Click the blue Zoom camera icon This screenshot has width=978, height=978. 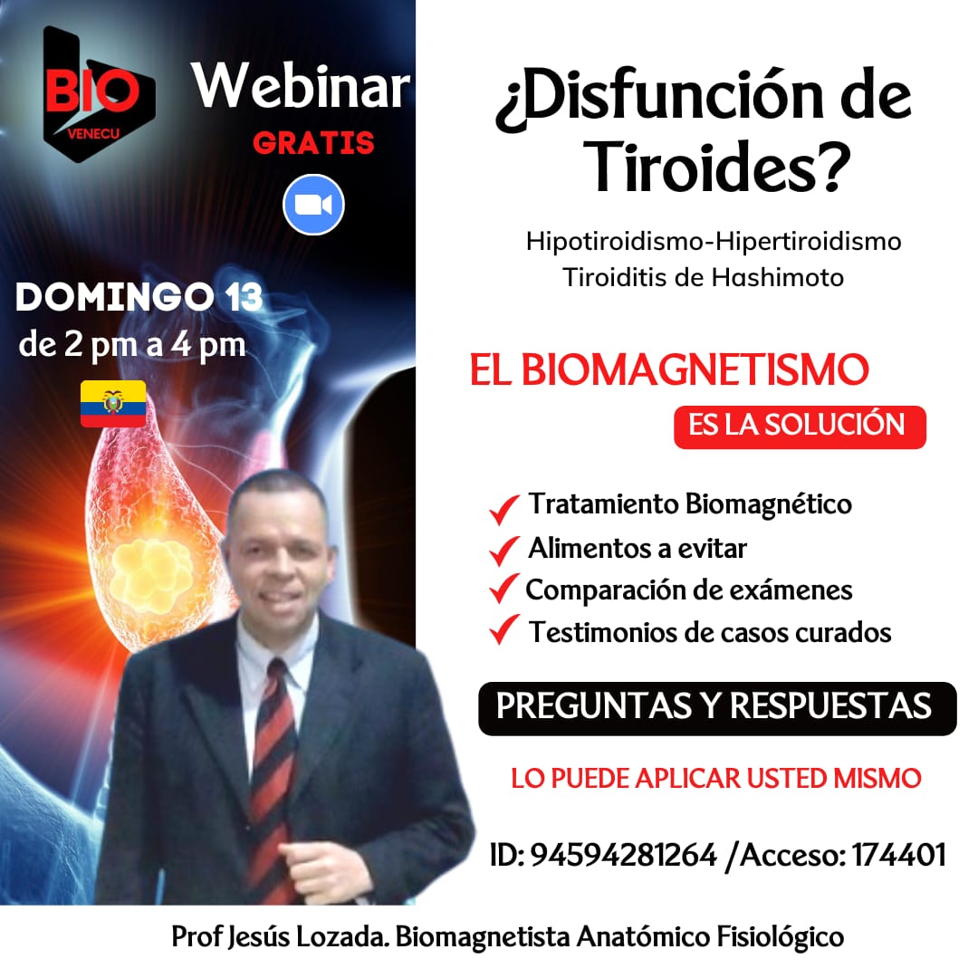point(313,205)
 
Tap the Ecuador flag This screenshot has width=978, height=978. point(113,404)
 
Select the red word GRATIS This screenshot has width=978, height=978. point(313,143)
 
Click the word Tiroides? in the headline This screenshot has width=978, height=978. point(717,167)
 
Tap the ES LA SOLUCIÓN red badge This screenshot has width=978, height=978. point(800,427)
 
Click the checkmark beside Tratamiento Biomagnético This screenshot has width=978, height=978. point(504,509)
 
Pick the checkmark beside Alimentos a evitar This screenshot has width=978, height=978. point(504,551)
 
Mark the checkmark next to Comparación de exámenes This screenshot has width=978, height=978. point(504,589)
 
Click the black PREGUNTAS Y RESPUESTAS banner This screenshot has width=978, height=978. point(717,708)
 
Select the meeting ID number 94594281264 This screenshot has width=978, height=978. point(623,855)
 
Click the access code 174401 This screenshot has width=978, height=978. point(899,855)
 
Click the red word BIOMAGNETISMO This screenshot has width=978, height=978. point(695,369)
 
